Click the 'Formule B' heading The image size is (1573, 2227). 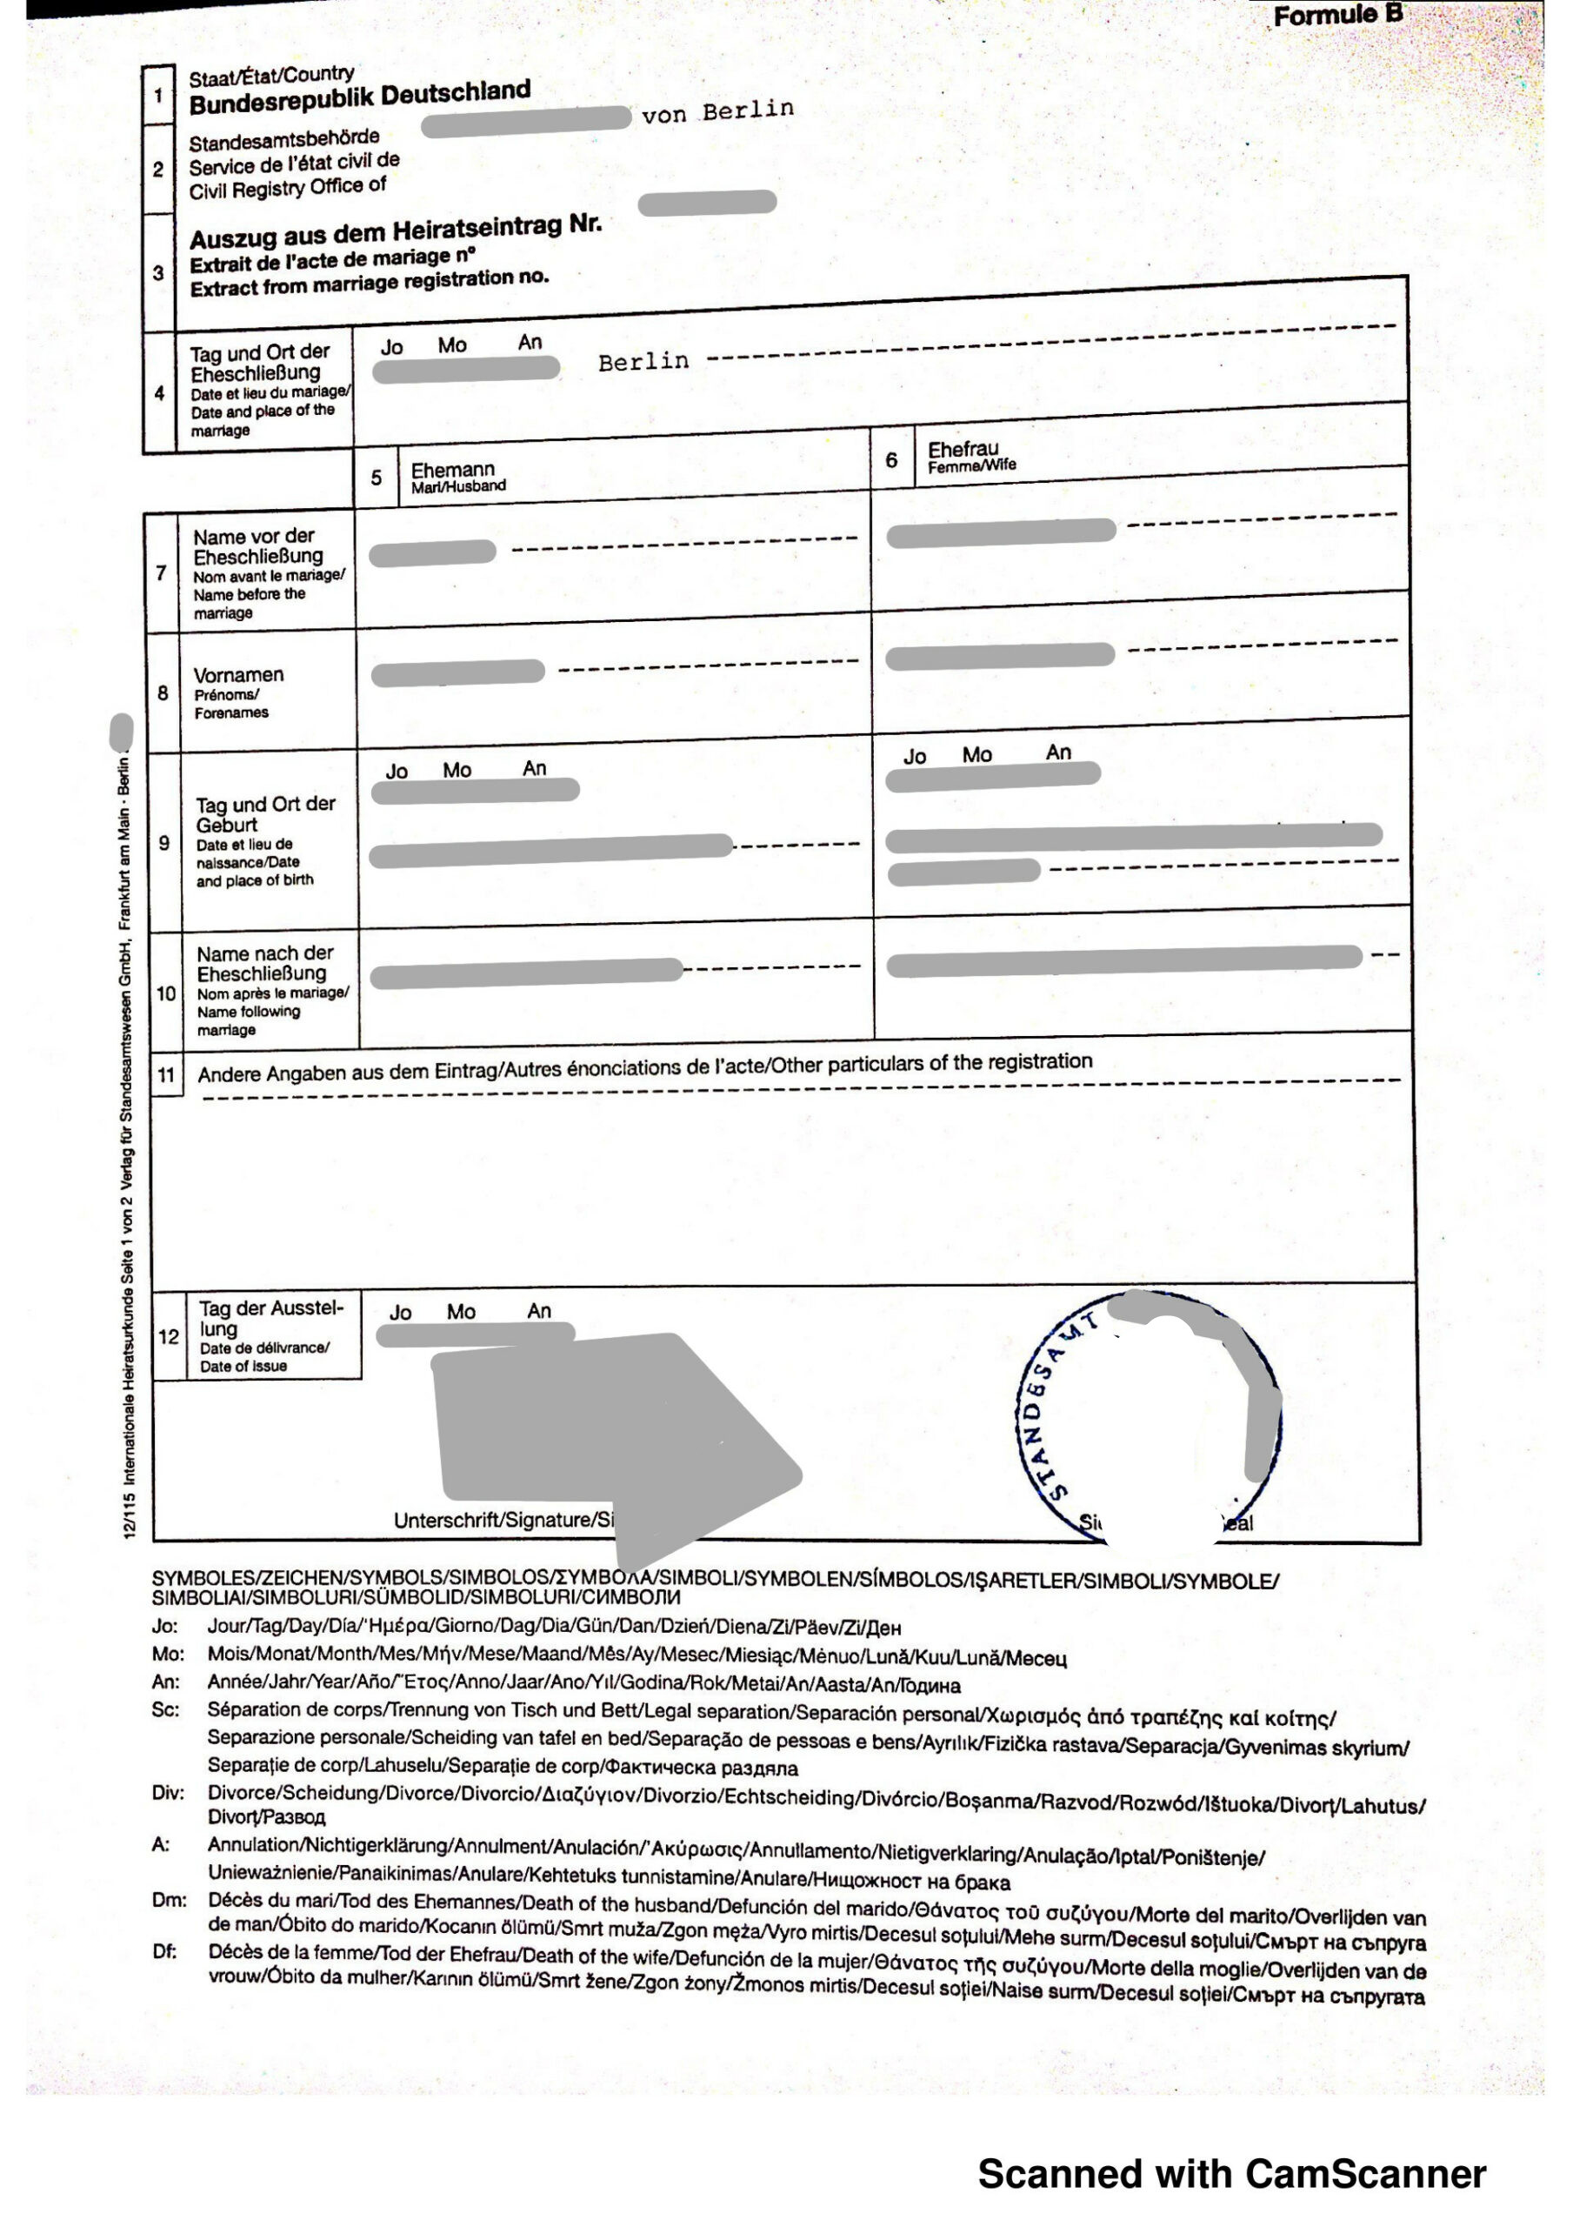coord(1337,16)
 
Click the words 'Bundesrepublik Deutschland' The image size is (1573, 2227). coord(360,97)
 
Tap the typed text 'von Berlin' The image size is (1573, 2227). coord(717,111)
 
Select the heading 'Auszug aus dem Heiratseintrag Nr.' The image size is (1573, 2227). coord(396,231)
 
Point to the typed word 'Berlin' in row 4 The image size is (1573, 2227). coord(643,362)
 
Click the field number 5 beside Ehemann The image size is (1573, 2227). coord(377,478)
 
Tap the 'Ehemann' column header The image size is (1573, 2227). coord(452,470)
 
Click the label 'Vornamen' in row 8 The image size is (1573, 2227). coord(238,675)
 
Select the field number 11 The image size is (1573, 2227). coord(167,1074)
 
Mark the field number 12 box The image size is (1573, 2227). coord(169,1336)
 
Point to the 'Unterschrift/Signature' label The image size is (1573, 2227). coord(503,1520)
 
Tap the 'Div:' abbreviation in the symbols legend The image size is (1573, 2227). coord(168,1792)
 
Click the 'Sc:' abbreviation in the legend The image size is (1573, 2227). coord(166,1709)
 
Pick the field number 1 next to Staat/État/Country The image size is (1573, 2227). coord(158,96)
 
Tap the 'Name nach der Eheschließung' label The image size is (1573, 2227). coord(263,963)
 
